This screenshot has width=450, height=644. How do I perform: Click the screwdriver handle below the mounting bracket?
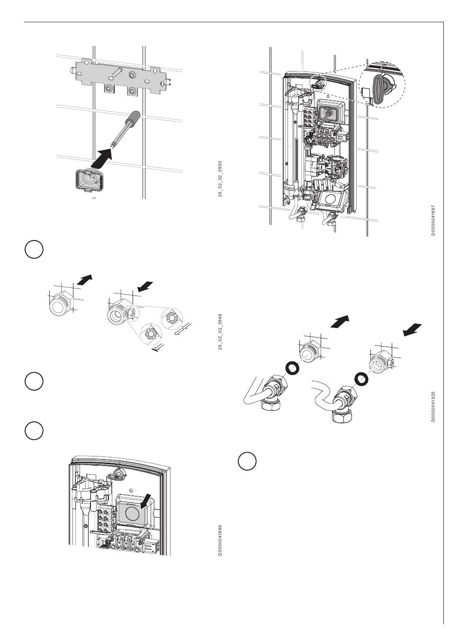134,117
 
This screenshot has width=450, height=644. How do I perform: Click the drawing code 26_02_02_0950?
220,179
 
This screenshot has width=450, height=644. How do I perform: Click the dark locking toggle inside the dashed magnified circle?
379,88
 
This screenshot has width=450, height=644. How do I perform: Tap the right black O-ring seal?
362,378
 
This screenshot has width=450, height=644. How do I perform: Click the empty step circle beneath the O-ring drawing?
247,462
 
